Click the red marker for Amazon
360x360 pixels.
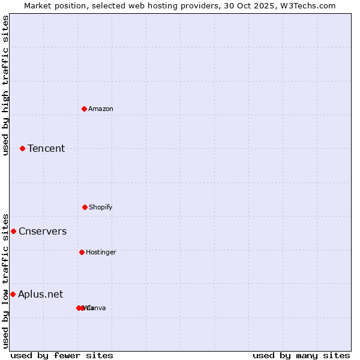pyautogui.click(x=85, y=109)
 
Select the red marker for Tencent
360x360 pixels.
pyautogui.click(x=23, y=148)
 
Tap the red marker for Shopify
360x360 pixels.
pyautogui.click(x=85, y=207)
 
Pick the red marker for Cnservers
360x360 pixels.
pyautogui.click(x=13, y=231)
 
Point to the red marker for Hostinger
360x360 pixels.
pyautogui.click(x=82, y=252)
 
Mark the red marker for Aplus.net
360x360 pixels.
pyautogui.click(x=13, y=294)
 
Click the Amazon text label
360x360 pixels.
pyautogui.click(x=101, y=109)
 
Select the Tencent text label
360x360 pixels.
pyautogui.click(x=46, y=148)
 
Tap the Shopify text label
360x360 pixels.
pyautogui.click(x=101, y=207)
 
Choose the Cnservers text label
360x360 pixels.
pyautogui.click(x=43, y=231)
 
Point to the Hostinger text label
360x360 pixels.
pyautogui.click(x=101, y=252)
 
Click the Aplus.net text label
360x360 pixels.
pyautogui.click(x=40, y=294)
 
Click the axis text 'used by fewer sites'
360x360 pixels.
pyautogui.click(x=62, y=355)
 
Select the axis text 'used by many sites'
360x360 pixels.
pyautogui.click(x=301, y=355)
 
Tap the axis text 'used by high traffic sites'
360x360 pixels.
pyautogui.click(x=5, y=85)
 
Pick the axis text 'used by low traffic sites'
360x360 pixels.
pyautogui.click(x=5, y=280)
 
